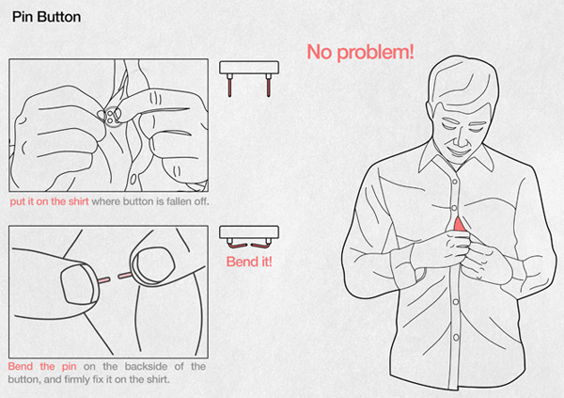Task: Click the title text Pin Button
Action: [46, 17]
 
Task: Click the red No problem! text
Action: [360, 52]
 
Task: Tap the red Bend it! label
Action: [249, 262]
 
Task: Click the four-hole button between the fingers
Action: [110, 116]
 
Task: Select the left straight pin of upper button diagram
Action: [229, 85]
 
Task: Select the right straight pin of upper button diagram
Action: [268, 85]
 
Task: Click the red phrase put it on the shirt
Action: [49, 201]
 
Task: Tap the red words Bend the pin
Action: [42, 366]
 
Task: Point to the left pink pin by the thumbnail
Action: [103, 279]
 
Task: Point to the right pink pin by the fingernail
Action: [125, 276]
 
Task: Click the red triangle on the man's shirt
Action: [459, 224]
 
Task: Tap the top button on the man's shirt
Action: [455, 182]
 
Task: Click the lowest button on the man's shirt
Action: [456, 338]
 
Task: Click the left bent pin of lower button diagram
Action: [236, 245]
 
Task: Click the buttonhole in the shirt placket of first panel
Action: [133, 179]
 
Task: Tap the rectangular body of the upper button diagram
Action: [249, 68]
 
